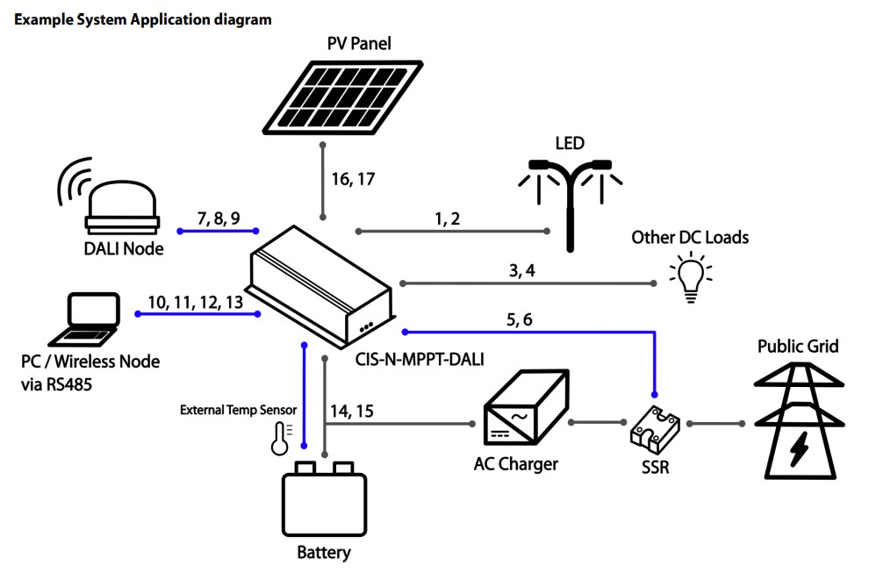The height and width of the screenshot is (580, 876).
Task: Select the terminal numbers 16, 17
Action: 353,180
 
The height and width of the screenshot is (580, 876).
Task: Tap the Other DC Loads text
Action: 690,238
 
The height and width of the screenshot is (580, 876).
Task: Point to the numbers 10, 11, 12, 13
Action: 195,302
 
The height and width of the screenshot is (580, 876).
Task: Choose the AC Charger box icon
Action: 523,412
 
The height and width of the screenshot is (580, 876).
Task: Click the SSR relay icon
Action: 656,426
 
